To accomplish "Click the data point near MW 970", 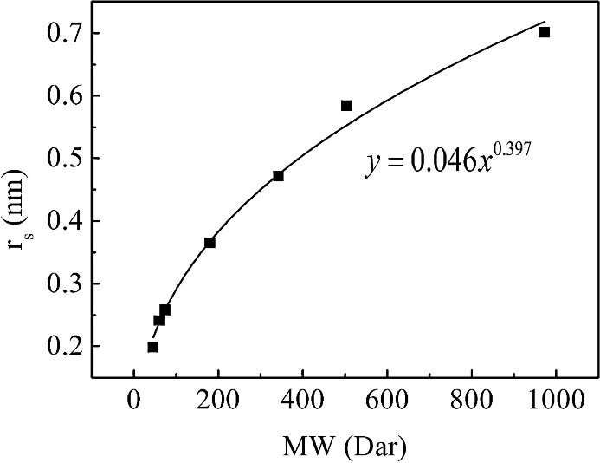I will tap(544, 32).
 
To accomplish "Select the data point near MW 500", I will tap(346, 106).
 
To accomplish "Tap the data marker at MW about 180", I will tap(210, 243).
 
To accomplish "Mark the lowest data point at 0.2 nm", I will tap(153, 347).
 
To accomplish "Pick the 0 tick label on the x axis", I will tap(134, 403).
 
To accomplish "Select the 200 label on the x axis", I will tap(218, 403).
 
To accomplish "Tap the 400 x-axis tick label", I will tap(302, 403).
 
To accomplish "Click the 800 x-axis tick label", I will tap(471, 403).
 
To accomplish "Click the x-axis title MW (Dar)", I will tap(345, 447).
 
